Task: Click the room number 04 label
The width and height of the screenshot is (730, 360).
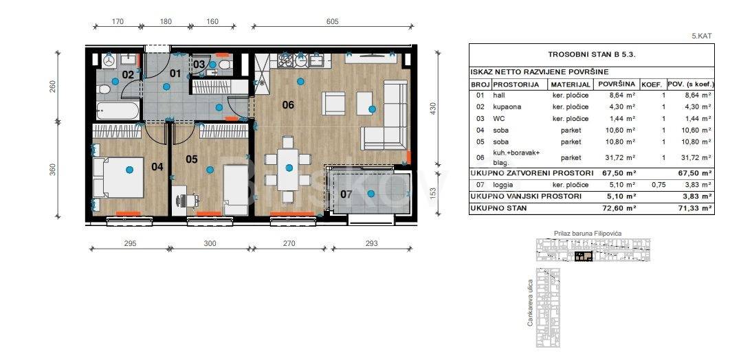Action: pyautogui.click(x=157, y=166)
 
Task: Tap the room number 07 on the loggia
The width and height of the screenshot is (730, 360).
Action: pyautogui.click(x=346, y=194)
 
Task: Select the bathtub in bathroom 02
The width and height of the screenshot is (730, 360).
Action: pyautogui.click(x=118, y=111)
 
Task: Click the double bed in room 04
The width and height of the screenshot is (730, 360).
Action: pyautogui.click(x=119, y=178)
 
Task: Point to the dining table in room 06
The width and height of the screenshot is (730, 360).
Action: pyautogui.click(x=288, y=169)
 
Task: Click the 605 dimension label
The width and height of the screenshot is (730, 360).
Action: pyautogui.click(x=333, y=21)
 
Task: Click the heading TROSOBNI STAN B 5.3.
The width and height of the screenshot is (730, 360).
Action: pyautogui.click(x=591, y=54)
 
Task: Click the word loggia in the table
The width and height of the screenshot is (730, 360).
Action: pyautogui.click(x=502, y=185)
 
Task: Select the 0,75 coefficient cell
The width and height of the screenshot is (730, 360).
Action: pyautogui.click(x=659, y=185)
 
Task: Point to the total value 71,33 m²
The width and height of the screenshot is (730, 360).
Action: pyautogui.click(x=696, y=208)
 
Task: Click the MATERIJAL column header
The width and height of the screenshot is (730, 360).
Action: pyautogui.click(x=571, y=85)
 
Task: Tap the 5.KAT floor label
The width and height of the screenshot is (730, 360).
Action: pyautogui.click(x=702, y=35)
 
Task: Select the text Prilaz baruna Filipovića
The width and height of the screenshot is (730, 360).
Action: pyautogui.click(x=588, y=233)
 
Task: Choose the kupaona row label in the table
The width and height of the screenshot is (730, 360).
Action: pyautogui.click(x=507, y=107)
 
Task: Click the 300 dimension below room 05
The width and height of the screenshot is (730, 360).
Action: pyautogui.click(x=210, y=243)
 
